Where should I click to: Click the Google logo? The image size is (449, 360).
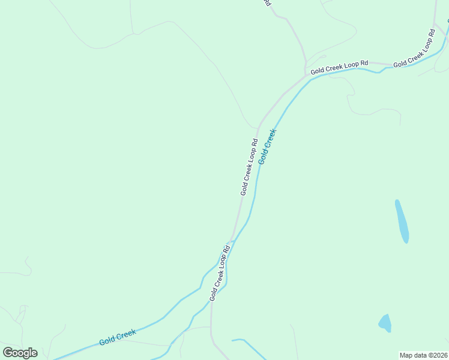tap(20, 353)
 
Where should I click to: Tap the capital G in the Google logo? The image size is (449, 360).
tap(8, 352)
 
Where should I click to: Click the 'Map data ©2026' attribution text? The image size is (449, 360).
tap(423, 355)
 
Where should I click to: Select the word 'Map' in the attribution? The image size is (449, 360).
tap(406, 355)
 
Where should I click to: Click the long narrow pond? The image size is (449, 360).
tap(402, 221)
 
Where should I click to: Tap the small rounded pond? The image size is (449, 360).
tap(385, 323)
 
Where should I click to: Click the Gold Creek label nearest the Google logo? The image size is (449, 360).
tap(118, 337)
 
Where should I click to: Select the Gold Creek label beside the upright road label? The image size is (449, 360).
tap(267, 146)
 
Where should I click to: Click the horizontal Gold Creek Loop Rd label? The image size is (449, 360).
tap(339, 67)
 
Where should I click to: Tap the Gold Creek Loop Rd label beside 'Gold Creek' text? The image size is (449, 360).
tap(249, 167)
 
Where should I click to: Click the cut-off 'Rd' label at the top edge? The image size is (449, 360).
tap(267, 3)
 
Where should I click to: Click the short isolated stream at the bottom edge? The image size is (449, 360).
tap(247, 346)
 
